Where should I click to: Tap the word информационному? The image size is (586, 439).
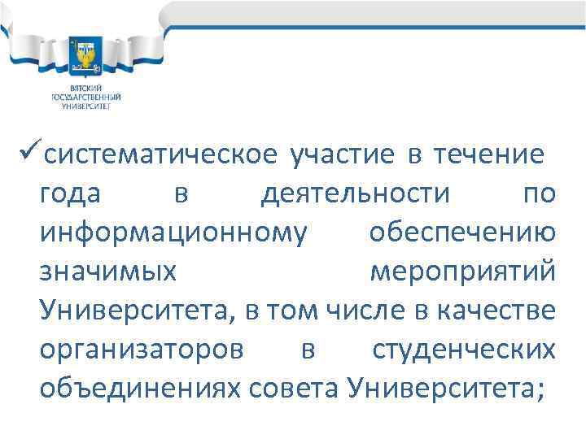point(173,233)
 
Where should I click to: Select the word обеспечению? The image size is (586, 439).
point(463,233)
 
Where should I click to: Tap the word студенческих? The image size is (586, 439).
point(464,350)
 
